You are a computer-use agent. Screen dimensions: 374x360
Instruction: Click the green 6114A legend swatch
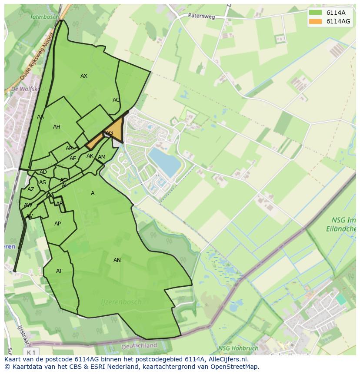click(315, 13)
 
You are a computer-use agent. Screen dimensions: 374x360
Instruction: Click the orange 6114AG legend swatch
click(315, 21)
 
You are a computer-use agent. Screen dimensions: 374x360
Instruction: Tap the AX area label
click(84, 76)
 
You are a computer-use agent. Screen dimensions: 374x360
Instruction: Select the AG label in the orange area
click(110, 133)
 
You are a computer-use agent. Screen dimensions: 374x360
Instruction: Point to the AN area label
click(117, 260)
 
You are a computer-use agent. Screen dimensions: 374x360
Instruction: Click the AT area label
click(59, 271)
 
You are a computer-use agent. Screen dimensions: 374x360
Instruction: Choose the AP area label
click(57, 224)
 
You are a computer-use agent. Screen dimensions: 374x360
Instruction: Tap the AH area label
click(57, 127)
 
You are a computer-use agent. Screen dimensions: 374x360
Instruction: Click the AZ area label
click(30, 189)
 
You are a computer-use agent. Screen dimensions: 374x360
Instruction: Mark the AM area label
click(102, 157)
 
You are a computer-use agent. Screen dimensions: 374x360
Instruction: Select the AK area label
click(90, 156)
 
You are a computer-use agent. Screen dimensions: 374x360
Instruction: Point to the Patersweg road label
click(202, 16)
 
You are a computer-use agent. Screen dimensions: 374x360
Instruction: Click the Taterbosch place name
click(44, 17)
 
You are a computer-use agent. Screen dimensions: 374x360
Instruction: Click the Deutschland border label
click(139, 346)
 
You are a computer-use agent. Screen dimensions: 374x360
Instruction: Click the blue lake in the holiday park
click(165, 162)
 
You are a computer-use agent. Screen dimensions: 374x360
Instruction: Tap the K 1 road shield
click(30, 351)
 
